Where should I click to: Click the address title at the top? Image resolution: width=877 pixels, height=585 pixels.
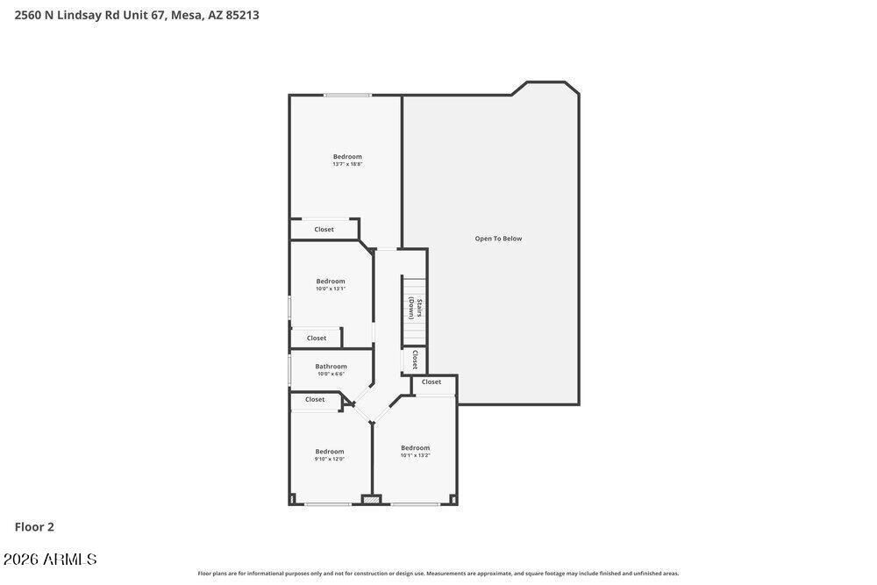point(137,15)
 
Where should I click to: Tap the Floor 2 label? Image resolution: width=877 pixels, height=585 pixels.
point(34,527)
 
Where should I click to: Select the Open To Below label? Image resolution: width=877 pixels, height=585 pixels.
point(498,239)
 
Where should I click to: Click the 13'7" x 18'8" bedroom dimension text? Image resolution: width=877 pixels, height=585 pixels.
point(347,164)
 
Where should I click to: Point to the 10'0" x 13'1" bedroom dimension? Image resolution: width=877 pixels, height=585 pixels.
point(331,289)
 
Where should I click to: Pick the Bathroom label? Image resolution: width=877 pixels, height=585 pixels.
point(331,367)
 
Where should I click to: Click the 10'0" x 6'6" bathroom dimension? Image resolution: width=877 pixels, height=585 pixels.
point(331,374)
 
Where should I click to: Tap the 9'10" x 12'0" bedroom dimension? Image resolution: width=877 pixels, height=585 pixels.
point(330,459)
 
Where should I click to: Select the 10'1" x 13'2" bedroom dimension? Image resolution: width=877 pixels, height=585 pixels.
point(415,455)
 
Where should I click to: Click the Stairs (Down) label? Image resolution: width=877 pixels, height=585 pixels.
point(415,308)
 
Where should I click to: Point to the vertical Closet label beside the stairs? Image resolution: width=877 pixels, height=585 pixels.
point(415,360)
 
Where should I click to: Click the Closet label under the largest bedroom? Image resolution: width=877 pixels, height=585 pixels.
point(324,230)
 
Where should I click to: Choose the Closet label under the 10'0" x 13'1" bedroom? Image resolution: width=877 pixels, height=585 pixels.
point(316,339)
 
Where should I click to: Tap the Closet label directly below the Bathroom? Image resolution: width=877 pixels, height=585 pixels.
point(315,400)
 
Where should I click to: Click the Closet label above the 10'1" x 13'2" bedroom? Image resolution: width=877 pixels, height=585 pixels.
point(431,382)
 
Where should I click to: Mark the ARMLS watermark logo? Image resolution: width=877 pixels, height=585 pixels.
point(50,560)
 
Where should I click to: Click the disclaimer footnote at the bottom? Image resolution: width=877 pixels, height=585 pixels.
point(438,574)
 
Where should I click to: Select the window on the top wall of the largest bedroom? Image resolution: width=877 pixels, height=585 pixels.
point(347,95)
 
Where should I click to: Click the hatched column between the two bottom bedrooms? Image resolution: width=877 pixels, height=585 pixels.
point(372,500)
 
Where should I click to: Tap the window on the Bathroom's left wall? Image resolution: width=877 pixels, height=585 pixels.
point(289,369)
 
